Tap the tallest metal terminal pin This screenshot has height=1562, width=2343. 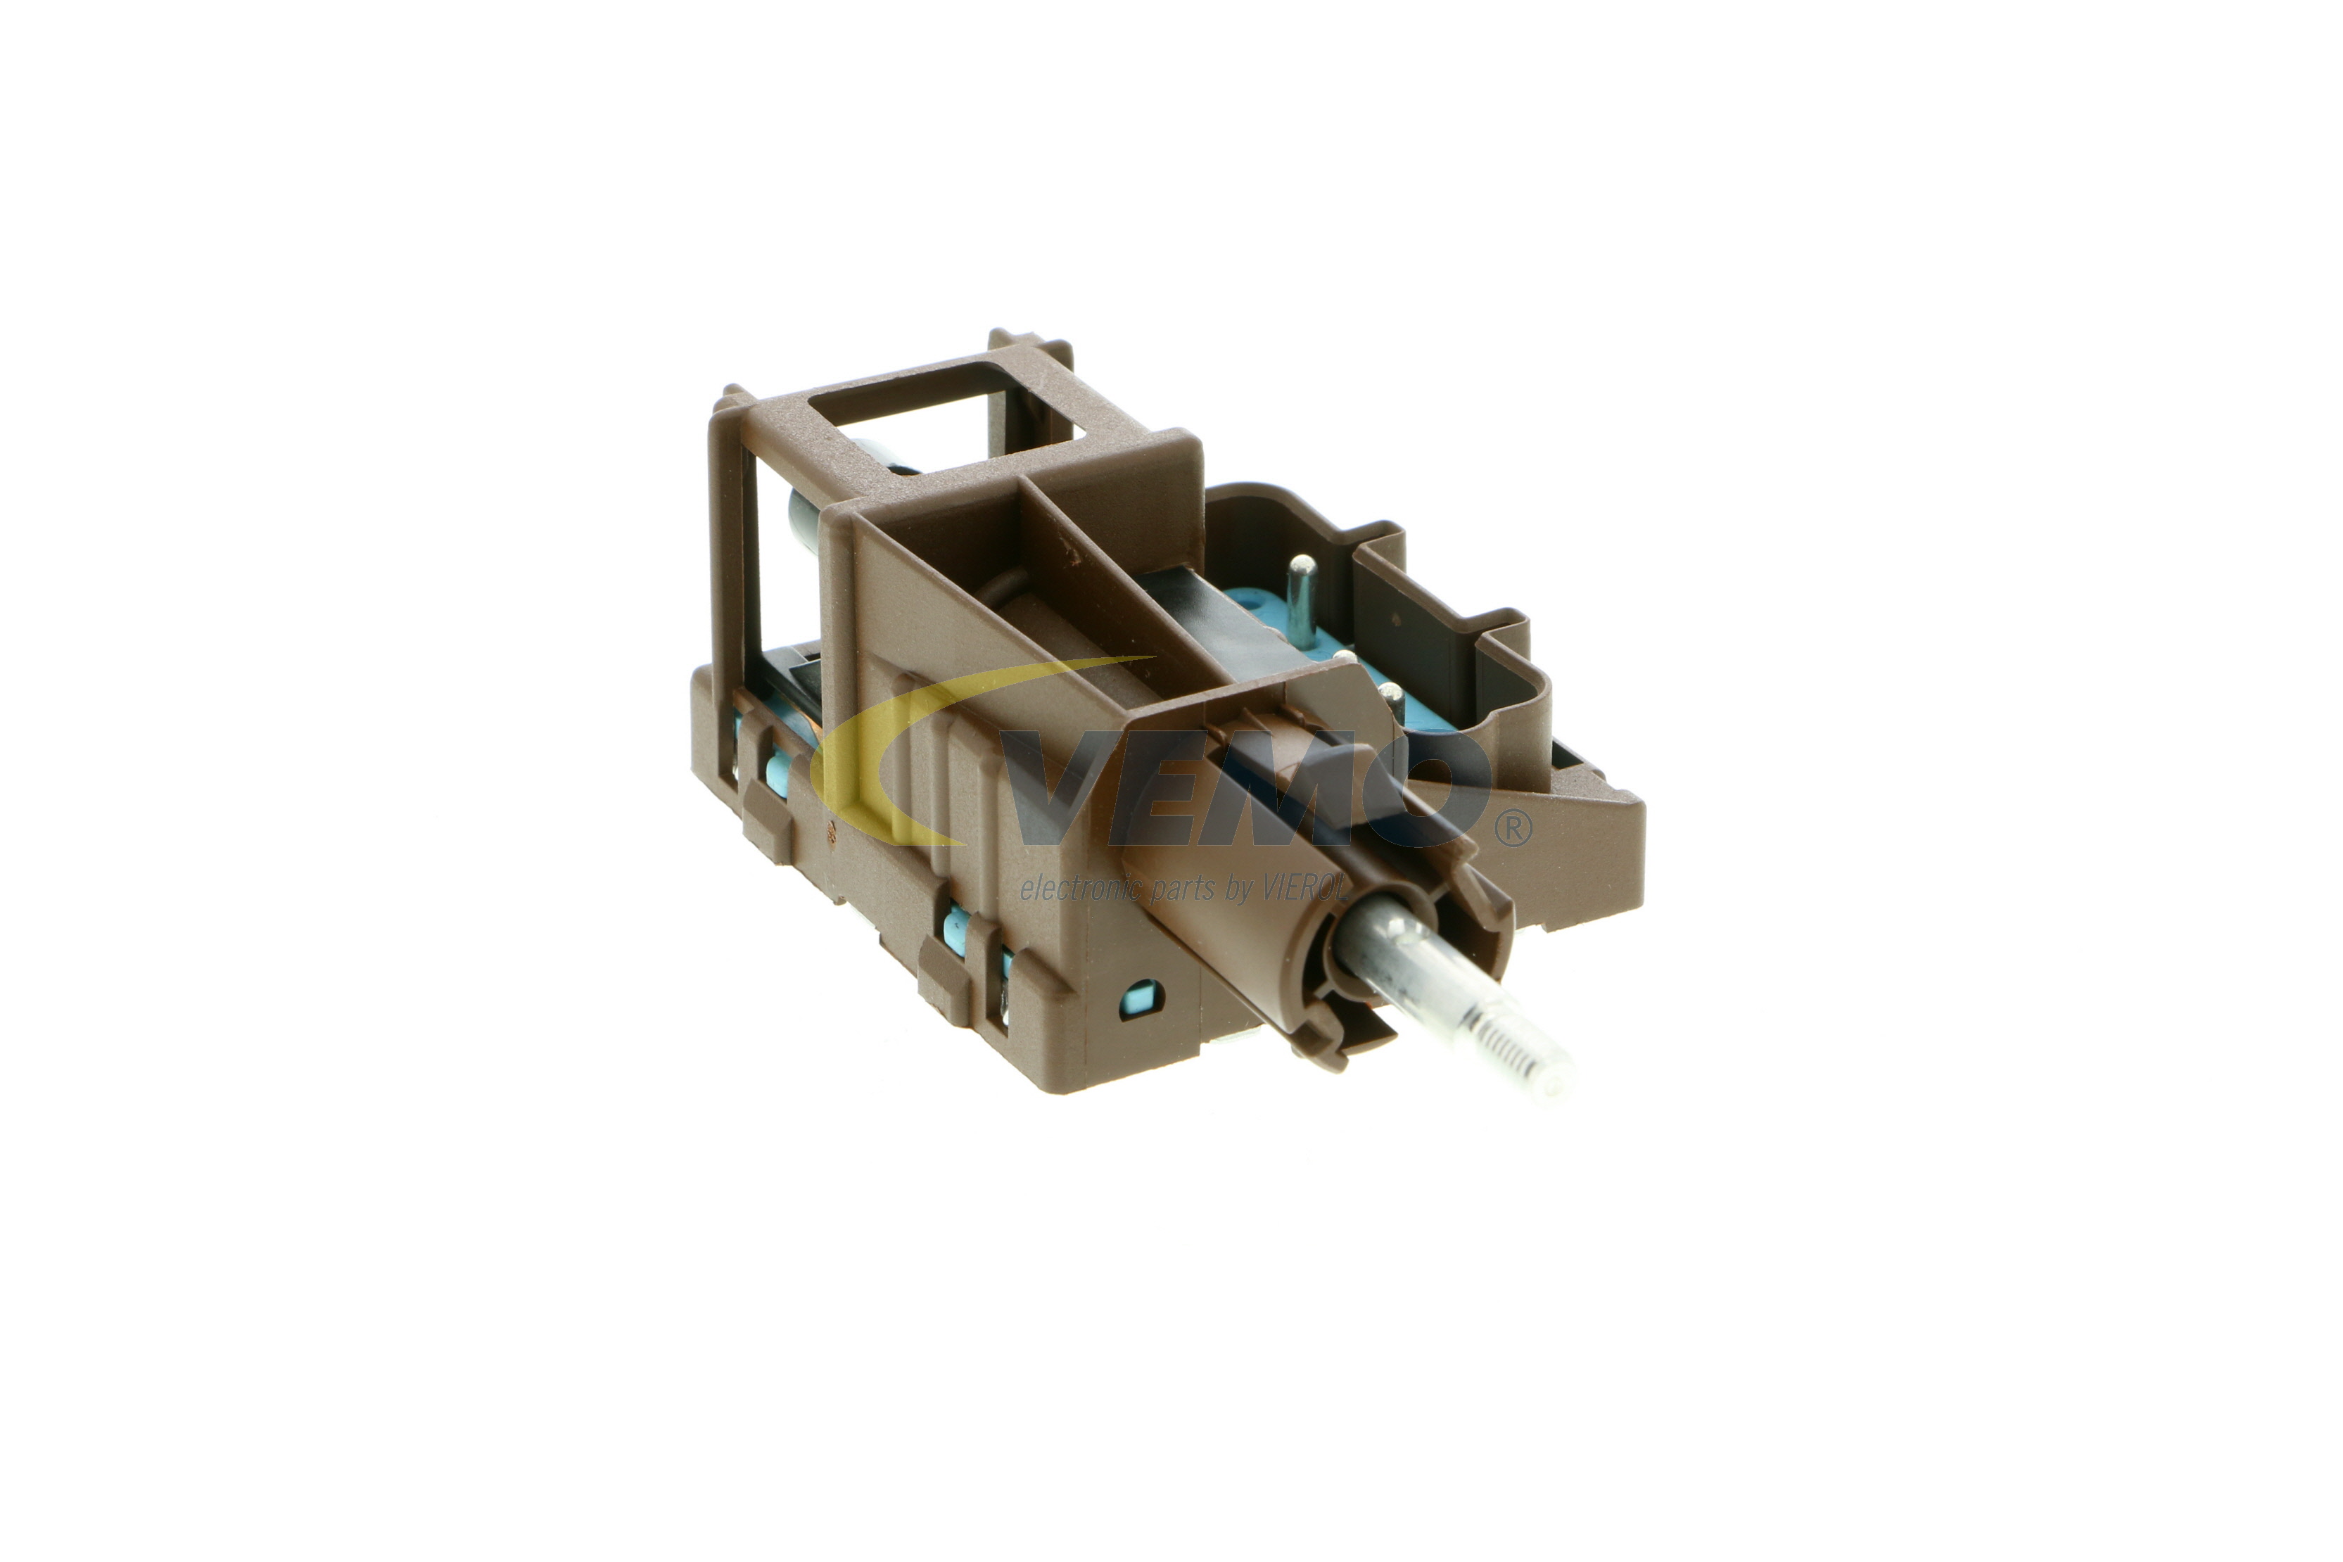tap(1301, 597)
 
